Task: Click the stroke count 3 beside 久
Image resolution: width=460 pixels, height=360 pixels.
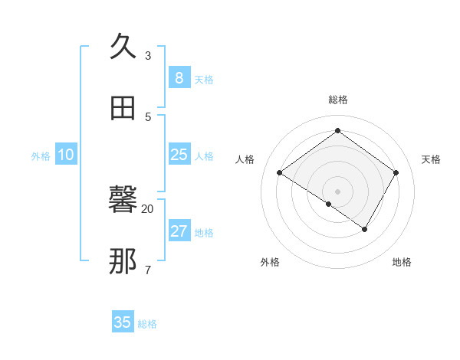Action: point(148,56)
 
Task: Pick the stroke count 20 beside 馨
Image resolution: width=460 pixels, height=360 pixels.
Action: point(148,208)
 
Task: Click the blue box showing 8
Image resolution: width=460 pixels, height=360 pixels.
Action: point(179,78)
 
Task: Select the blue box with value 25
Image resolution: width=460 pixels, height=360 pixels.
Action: point(179,155)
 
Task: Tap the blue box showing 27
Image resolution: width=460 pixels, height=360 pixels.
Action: point(179,231)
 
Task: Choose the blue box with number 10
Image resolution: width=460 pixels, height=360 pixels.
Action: point(66,155)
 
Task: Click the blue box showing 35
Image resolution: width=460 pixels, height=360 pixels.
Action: point(123,322)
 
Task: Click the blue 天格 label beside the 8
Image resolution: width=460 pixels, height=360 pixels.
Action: point(204,80)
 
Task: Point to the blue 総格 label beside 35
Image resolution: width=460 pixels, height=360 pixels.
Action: point(147,324)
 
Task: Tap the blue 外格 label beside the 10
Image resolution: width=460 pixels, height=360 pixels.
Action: point(41,156)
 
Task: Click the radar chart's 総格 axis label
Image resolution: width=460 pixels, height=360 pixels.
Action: point(338,100)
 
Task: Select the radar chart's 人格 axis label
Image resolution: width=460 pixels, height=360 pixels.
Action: point(245,159)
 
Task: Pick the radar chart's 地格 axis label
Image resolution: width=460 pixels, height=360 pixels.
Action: point(402,262)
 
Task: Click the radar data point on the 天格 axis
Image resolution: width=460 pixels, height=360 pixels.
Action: point(396,172)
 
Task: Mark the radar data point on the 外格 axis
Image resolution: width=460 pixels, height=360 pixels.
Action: point(329,204)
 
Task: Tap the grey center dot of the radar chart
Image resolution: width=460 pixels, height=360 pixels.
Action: point(338,191)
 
